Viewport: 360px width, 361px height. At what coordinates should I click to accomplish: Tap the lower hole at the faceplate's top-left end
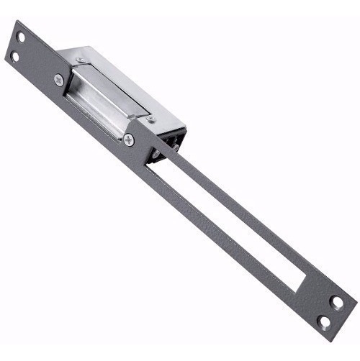14,56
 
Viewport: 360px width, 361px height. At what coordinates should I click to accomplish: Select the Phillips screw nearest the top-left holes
59,81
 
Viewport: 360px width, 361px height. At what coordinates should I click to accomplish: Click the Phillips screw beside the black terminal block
128,140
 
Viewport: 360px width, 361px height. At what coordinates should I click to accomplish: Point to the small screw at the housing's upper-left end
81,60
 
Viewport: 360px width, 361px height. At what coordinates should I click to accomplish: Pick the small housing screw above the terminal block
151,118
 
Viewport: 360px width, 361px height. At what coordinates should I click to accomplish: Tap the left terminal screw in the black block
155,152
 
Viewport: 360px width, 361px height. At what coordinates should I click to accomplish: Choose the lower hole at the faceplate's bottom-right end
325,321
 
